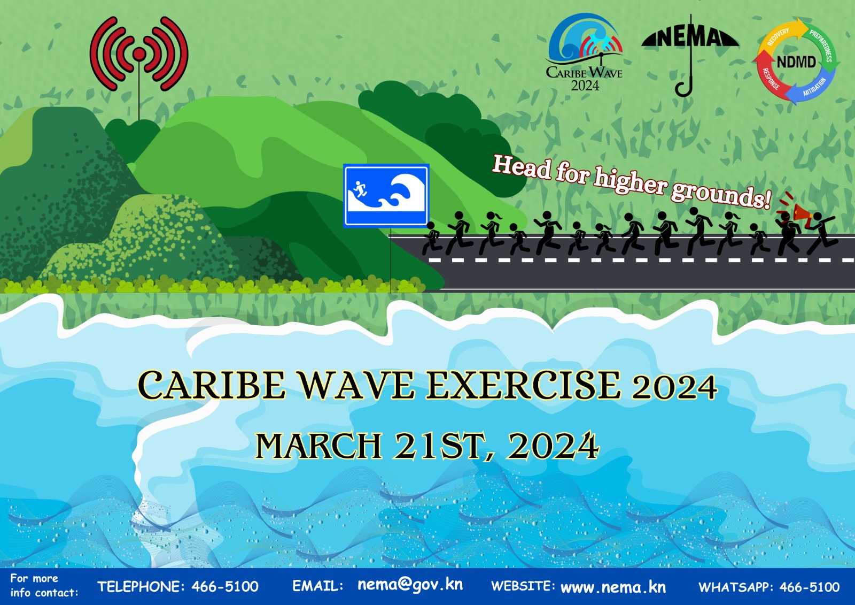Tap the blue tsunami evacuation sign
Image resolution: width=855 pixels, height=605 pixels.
coord(386,196)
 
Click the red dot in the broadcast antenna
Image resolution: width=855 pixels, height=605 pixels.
coord(139,54)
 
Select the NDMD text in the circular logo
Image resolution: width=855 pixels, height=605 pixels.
coord(796,62)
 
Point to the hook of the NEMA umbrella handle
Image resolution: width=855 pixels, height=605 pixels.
coord(683,90)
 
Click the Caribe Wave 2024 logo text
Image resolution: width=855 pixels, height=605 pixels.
coord(585,78)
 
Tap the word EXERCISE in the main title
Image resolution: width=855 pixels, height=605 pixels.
coord(523,386)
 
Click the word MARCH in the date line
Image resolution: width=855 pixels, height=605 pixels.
coord(318,446)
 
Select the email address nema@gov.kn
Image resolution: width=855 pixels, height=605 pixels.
coord(410,585)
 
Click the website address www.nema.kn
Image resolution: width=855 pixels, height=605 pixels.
coord(613,587)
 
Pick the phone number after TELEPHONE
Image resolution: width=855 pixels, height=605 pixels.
coord(225,586)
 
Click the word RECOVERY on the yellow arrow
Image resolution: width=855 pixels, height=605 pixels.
coord(778,37)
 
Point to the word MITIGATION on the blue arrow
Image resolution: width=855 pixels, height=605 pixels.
coord(814,87)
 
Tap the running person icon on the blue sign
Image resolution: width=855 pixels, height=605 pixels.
coord(360,189)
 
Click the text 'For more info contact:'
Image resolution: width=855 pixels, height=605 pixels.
coord(44,586)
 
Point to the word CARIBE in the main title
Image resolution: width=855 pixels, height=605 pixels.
coord(212,385)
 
